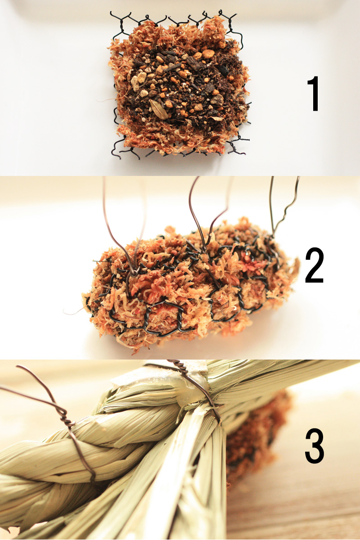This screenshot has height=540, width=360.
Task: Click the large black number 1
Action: pos(314,94)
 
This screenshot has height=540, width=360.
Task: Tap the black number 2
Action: pos(314,265)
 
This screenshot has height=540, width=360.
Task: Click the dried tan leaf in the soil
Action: pos(159,109)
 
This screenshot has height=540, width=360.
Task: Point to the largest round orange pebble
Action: pos(208,54)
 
